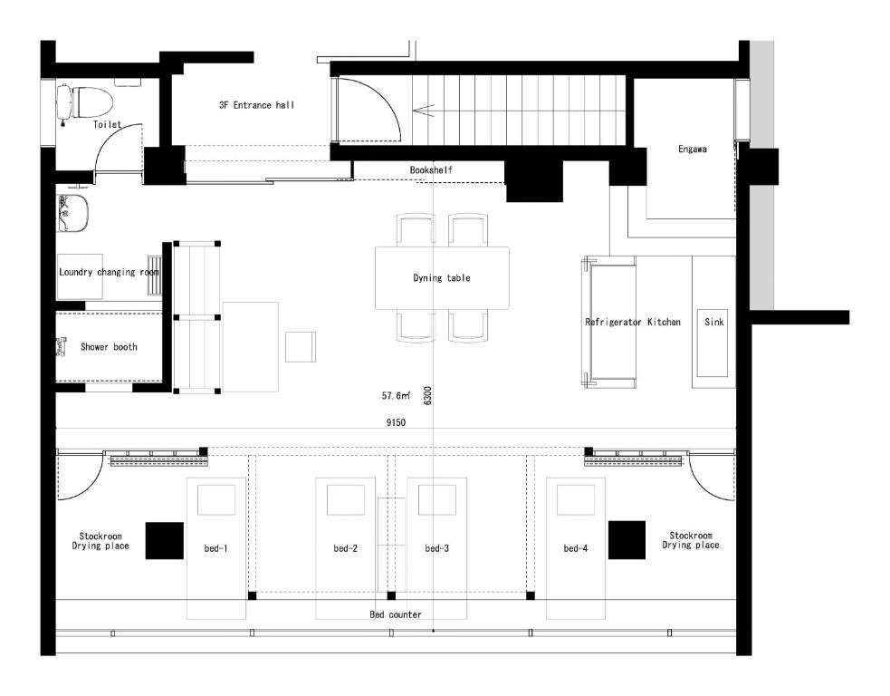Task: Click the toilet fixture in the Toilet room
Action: pyautogui.click(x=85, y=102)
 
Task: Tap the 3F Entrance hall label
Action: pyautogui.click(x=256, y=105)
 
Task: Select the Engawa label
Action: pyautogui.click(x=693, y=149)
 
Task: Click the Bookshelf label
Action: pyautogui.click(x=431, y=169)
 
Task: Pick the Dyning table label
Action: pyautogui.click(x=442, y=278)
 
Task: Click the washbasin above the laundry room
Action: pyautogui.click(x=72, y=214)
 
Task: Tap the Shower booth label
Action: pyautogui.click(x=109, y=346)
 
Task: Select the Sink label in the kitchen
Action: pyautogui.click(x=714, y=322)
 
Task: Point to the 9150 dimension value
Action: pyautogui.click(x=397, y=422)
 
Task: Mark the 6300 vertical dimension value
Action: pyautogui.click(x=427, y=395)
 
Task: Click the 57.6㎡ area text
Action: pyautogui.click(x=396, y=395)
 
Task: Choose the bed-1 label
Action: pyautogui.click(x=215, y=548)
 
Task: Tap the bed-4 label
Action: pyautogui.click(x=576, y=548)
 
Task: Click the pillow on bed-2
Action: pyautogui.click(x=345, y=500)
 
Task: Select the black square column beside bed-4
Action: pyautogui.click(x=627, y=540)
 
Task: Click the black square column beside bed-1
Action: pyautogui.click(x=165, y=541)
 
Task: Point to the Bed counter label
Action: pyautogui.click(x=396, y=614)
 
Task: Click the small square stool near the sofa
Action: pyautogui.click(x=301, y=346)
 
